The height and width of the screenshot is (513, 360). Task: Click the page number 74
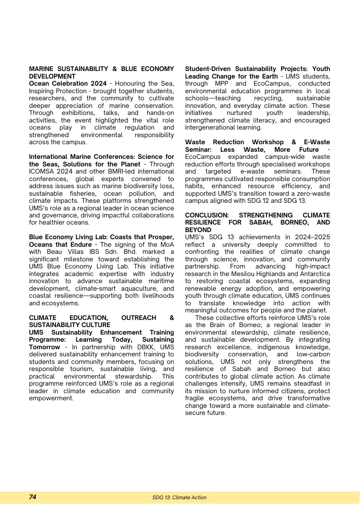coord(33,497)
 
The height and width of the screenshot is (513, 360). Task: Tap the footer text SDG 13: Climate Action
coord(180,497)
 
